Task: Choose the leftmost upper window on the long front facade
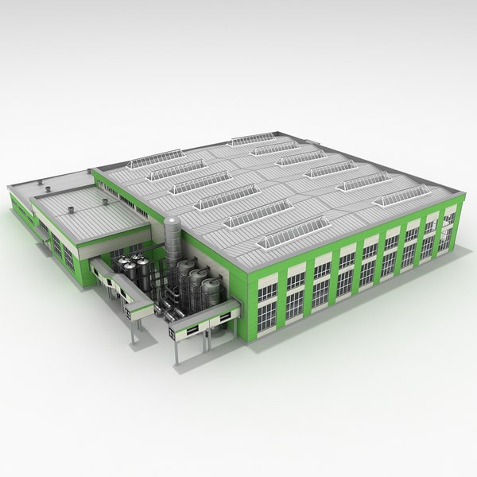268,287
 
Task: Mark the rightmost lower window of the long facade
448,238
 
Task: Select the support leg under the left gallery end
134,330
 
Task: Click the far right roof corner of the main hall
461,191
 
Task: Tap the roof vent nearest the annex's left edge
48,188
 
